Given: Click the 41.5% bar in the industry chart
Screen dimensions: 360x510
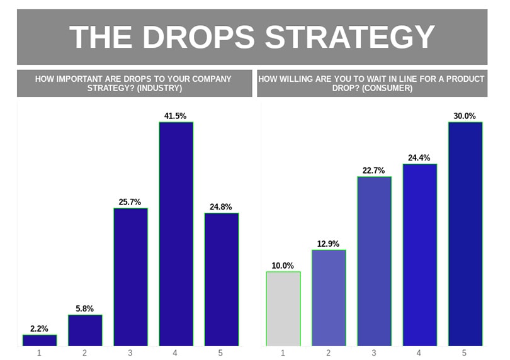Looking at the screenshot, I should click(176, 234).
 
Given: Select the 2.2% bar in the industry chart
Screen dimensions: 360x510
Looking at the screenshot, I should click(40, 340).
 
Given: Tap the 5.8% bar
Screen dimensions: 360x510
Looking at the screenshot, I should click(85, 330).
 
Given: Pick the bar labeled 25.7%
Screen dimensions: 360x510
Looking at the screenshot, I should click(130, 277).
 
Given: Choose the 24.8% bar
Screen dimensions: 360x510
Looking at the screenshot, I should click(222, 279).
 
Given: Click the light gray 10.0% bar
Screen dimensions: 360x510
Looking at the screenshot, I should click(283, 309).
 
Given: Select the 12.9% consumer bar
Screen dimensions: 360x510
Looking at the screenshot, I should click(329, 298).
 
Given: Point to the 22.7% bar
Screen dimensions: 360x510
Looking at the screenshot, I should click(374, 261).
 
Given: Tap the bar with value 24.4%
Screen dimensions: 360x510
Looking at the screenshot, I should click(419, 255).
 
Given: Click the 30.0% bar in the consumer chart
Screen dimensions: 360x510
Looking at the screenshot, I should click(465, 234).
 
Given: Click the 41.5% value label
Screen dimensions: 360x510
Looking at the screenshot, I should click(176, 116).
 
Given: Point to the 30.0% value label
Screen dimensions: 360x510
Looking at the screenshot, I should click(465, 116).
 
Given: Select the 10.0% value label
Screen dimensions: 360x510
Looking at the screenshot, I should click(283, 266).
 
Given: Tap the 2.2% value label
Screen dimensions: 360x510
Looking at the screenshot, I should click(40, 329).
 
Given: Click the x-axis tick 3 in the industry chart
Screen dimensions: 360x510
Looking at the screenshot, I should click(130, 353).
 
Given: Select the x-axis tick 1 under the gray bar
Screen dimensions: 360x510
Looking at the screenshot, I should click(283, 353).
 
